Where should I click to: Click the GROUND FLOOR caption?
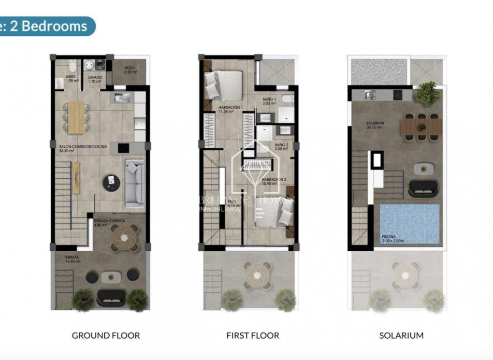click(106, 335)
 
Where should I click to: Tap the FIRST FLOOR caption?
click(253, 335)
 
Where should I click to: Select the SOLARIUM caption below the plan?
click(401, 335)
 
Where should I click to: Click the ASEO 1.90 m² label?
click(72, 78)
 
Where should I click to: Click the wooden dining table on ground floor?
click(76, 117)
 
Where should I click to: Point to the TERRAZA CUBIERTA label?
click(109, 223)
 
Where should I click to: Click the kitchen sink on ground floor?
click(120, 98)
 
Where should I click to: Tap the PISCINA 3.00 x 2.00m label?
click(392, 238)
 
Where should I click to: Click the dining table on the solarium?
click(421, 127)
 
